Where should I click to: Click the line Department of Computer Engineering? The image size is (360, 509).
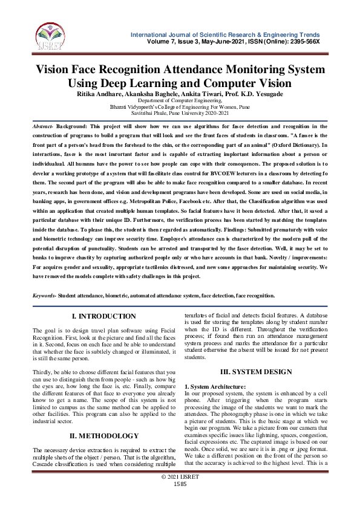180,100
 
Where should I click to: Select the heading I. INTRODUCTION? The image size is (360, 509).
104,316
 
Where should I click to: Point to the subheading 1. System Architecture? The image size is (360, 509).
215,385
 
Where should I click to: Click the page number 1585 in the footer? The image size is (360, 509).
180,501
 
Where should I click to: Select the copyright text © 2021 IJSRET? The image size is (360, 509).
180,494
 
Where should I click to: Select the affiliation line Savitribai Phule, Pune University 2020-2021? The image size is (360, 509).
180,112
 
